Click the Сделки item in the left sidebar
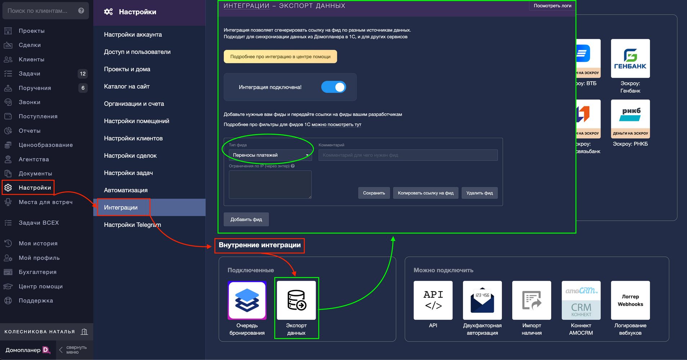click(30, 45)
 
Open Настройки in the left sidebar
click(35, 188)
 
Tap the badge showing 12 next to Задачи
click(82, 74)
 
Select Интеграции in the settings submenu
click(121, 207)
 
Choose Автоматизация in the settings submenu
click(126, 190)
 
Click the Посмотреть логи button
click(552, 6)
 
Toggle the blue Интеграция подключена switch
click(334, 87)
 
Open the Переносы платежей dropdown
click(270, 155)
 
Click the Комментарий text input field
click(408, 155)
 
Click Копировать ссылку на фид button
click(425, 193)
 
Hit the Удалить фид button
click(479, 193)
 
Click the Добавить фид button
click(246, 219)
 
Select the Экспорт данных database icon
click(296, 300)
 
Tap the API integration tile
click(433, 300)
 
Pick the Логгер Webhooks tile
click(630, 300)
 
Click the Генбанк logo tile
click(630, 58)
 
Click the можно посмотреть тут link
click(336, 125)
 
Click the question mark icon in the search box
click(81, 10)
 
